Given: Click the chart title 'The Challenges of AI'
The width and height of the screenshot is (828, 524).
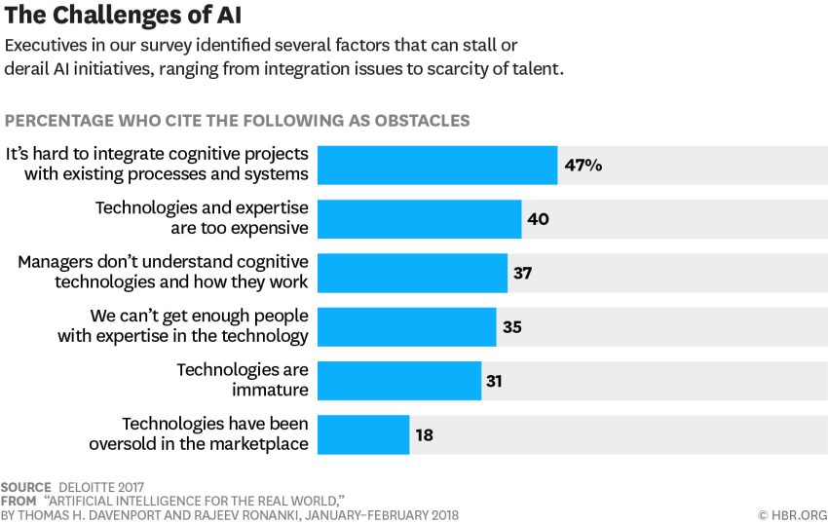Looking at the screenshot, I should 123,16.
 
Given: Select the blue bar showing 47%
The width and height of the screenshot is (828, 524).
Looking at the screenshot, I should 437,165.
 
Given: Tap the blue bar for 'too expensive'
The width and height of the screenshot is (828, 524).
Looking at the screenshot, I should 420,219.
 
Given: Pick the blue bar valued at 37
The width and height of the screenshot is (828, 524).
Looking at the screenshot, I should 413,273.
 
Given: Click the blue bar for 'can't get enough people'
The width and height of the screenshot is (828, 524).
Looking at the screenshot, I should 407,326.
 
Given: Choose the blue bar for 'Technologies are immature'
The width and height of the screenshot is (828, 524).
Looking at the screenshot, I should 399,381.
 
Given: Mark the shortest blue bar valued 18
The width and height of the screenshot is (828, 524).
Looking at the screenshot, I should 363,434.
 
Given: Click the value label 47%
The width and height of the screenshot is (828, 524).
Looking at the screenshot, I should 583,165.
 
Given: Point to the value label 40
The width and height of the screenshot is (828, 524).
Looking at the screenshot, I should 538,219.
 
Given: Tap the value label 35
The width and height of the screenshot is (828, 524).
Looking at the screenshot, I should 512,327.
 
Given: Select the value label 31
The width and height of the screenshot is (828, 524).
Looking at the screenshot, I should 494,381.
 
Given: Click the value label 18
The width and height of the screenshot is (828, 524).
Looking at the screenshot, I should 424,435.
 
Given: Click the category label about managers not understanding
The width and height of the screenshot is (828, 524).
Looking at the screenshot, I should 164,272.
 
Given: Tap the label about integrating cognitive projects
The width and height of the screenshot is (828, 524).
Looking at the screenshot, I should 158,164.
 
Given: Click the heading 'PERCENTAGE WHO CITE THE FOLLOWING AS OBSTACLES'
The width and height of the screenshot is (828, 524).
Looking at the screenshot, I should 238,121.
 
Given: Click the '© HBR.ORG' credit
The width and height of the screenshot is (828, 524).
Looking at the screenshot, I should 792,514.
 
